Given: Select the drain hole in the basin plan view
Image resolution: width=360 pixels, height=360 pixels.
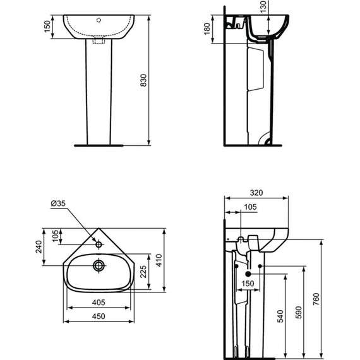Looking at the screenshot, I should click(x=99, y=265).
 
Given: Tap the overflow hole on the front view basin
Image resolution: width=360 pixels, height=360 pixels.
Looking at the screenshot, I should click(x=99, y=20).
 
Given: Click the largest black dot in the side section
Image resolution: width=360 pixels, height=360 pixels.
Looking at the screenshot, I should click(x=248, y=274).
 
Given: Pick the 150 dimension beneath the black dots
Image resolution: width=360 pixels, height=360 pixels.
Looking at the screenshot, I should click(x=249, y=284).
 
